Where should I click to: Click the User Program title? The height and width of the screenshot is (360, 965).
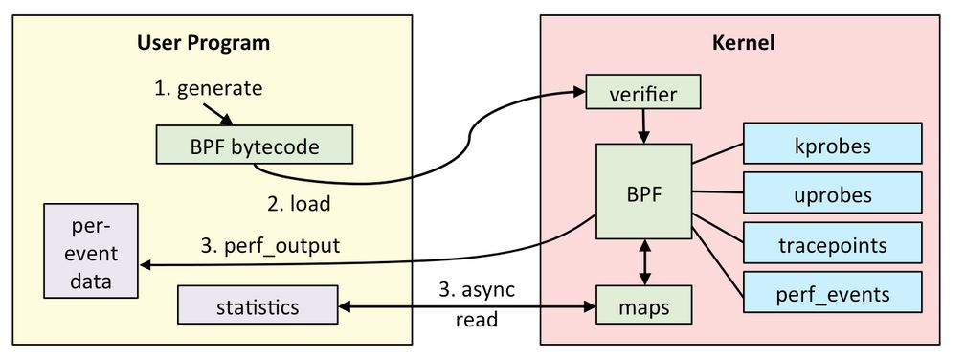[203, 43]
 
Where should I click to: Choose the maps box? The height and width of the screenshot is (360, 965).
[642, 306]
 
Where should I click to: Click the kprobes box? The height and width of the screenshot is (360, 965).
[832, 146]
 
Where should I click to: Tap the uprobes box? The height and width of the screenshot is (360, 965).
[832, 195]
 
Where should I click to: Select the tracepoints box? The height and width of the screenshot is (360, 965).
[832, 244]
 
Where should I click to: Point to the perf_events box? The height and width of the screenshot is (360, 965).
[832, 292]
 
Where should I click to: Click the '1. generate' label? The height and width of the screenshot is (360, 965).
[208, 88]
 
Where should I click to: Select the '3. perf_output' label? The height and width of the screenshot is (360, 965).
[271, 245]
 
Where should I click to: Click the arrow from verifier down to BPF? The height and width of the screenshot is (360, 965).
[644, 125]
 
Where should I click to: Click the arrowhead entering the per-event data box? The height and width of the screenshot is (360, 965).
[146, 266]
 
